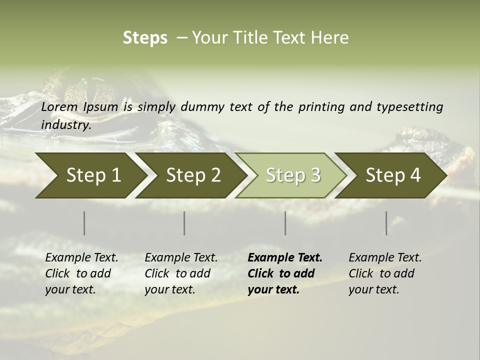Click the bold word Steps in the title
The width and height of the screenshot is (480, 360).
point(145,38)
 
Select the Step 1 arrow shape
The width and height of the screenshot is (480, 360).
point(90,175)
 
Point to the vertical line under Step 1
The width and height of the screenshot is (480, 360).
point(84,223)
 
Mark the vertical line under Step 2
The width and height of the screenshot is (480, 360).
point(184,223)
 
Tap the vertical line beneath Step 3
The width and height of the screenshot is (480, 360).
point(285,223)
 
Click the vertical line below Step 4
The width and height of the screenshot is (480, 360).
point(386,223)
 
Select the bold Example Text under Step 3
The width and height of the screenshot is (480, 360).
point(285,273)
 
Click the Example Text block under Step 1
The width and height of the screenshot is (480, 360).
point(81,273)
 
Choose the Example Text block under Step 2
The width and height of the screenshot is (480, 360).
point(181,273)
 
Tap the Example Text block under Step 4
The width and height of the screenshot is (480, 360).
point(385,273)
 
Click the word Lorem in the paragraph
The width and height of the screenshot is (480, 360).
point(59,107)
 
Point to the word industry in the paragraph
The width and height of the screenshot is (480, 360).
point(65,125)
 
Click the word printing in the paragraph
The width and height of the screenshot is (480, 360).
point(321,107)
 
